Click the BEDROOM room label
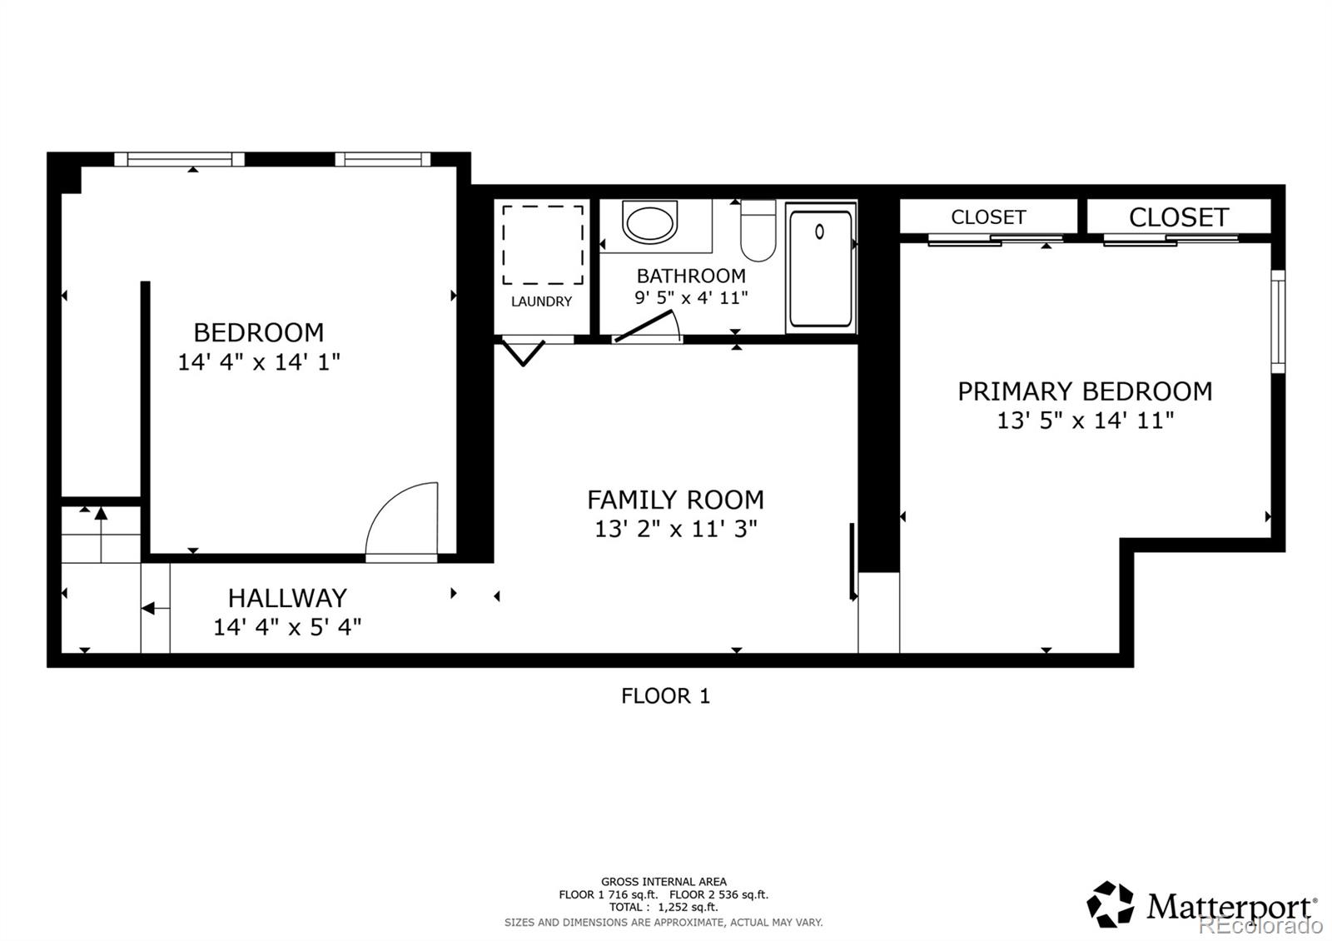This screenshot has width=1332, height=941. (258, 332)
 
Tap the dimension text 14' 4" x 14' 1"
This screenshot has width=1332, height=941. (258, 362)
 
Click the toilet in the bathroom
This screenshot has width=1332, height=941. (758, 231)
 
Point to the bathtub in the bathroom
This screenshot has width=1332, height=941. (820, 268)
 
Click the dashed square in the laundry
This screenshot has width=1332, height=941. (543, 246)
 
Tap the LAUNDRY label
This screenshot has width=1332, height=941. (541, 301)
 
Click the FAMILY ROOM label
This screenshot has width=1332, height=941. (675, 500)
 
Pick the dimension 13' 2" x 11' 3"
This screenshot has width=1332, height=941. (675, 529)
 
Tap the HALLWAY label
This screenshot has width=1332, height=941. (287, 598)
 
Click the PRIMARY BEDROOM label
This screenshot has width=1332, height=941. (1084, 391)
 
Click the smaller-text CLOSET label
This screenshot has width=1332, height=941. (988, 217)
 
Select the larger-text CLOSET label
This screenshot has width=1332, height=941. (1178, 217)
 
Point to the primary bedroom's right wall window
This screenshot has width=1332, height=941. (1278, 321)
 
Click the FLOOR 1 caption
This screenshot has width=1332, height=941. (665, 696)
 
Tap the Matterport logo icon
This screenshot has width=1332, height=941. (1111, 904)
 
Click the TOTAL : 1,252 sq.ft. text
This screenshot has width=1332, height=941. (663, 907)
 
